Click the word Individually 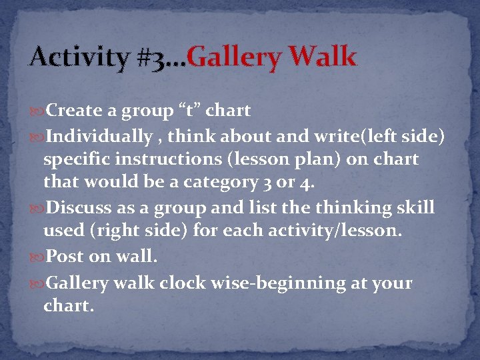pos(99,137)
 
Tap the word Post pos(65,257)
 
